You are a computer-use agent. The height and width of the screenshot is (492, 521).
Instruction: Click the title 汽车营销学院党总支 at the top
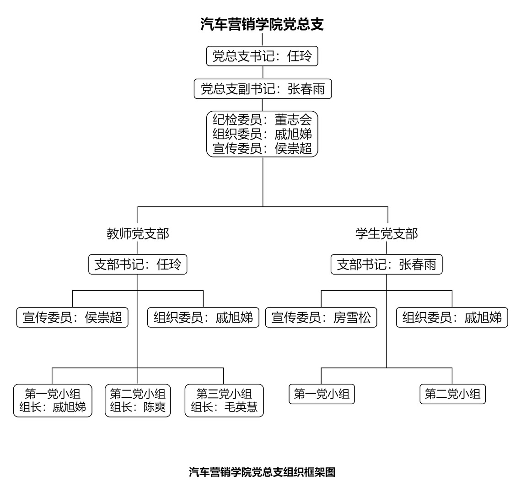coord(262,24)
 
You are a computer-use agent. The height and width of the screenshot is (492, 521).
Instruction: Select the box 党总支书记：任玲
coord(262,56)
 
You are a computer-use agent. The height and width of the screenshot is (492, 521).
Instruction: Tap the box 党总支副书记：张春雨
coord(263,89)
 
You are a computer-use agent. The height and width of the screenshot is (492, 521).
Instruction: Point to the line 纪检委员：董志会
coord(262,119)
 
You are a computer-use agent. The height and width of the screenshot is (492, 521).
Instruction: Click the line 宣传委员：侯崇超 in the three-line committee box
coord(262,148)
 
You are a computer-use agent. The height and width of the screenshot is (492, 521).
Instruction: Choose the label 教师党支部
coord(138,234)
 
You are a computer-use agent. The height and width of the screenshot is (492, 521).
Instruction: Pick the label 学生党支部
coord(387,234)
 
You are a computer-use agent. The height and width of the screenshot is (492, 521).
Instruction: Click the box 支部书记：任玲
coord(138,264)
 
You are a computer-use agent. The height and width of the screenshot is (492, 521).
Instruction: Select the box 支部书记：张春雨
coord(387,264)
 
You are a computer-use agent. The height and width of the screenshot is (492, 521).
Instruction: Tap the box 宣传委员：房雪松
coord(321,318)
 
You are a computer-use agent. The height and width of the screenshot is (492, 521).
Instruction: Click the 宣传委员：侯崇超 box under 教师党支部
coord(72,318)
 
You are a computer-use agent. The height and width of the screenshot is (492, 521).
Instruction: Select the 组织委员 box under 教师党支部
coord(204,318)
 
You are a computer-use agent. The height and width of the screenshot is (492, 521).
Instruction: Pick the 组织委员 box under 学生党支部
coord(452,318)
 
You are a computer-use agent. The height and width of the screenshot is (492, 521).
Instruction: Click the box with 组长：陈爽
coord(138,400)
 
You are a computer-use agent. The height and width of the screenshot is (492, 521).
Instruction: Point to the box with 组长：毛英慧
coord(224,400)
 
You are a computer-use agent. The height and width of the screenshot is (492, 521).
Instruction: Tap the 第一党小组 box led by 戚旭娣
coord(53,400)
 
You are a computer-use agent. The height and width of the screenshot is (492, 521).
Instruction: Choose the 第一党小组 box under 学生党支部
coord(322,394)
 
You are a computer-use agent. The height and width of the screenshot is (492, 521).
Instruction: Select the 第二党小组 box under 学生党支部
coord(453,394)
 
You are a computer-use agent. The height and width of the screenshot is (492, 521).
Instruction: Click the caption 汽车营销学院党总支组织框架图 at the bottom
coord(262,472)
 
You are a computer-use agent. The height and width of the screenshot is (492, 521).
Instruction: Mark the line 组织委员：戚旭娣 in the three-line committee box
coord(262,134)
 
